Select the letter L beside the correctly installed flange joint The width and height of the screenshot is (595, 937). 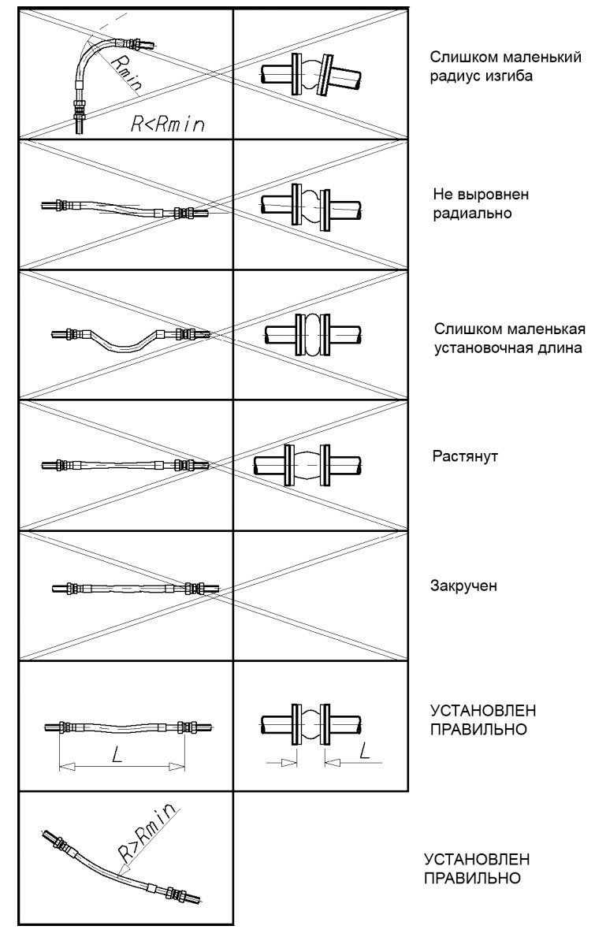coord(364,751)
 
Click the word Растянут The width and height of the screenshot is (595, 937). coord(460,455)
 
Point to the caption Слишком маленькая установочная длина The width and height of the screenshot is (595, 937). coord(509,337)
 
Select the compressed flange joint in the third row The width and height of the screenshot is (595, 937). coord(309,336)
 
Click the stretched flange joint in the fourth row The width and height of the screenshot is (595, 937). coord(309,466)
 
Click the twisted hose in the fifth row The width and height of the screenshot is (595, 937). coord(130,588)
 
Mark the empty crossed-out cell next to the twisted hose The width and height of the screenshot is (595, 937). coord(321,595)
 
